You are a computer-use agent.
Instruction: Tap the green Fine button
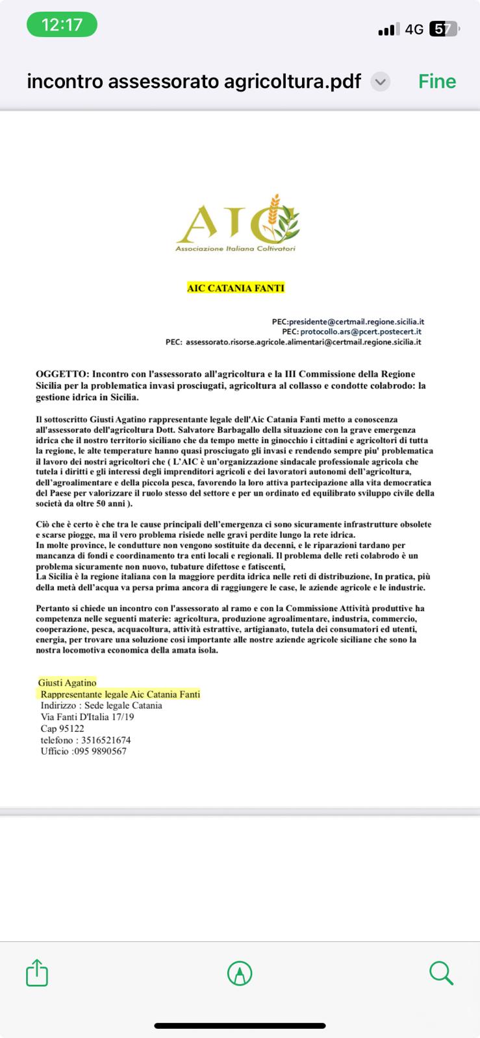[x=437, y=82]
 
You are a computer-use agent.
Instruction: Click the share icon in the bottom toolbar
[x=37, y=973]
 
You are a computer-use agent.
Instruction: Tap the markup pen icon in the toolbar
[x=240, y=973]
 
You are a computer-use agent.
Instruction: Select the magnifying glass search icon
[x=441, y=973]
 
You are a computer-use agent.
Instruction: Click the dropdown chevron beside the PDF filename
[x=380, y=82]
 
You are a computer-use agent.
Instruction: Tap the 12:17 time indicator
[x=62, y=25]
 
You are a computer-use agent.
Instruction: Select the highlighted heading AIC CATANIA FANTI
[x=236, y=288]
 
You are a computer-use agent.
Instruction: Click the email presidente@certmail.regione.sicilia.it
[x=357, y=322]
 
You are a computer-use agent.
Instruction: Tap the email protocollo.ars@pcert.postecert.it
[x=360, y=332]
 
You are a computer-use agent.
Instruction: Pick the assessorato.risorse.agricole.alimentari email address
[x=303, y=342]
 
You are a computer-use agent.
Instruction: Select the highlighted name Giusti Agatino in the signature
[x=67, y=682]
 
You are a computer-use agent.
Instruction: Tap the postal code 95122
[x=71, y=729]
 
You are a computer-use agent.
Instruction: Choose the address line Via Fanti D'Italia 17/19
[x=87, y=717]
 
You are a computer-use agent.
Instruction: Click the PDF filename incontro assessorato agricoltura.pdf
[x=194, y=82]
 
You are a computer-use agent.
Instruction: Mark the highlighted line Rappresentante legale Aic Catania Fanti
[x=120, y=694]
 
